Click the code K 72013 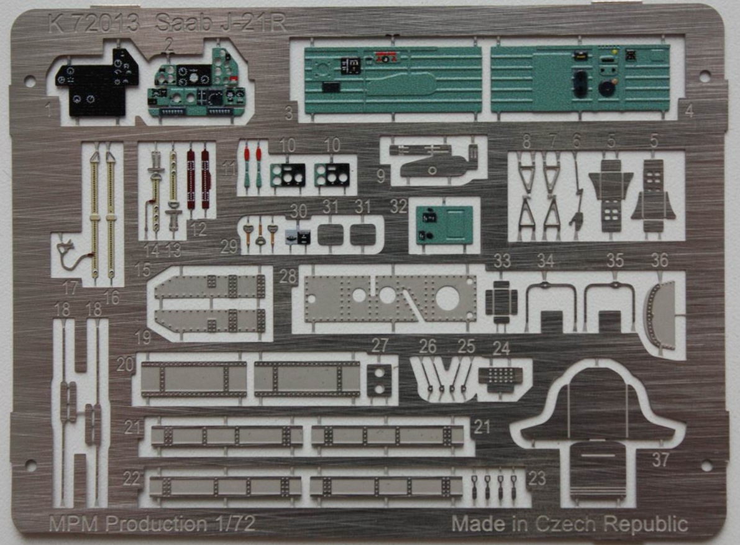pyautogui.click(x=92, y=24)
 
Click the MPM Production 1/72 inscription pyautogui.click(x=152, y=524)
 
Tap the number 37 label pyautogui.click(x=660, y=460)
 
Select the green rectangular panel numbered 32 pyautogui.click(x=445, y=225)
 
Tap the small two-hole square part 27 pyautogui.click(x=378, y=380)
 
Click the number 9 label pyautogui.click(x=380, y=176)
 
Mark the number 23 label pyautogui.click(x=537, y=478)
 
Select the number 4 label pyautogui.click(x=689, y=112)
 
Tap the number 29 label pyautogui.click(x=229, y=246)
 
